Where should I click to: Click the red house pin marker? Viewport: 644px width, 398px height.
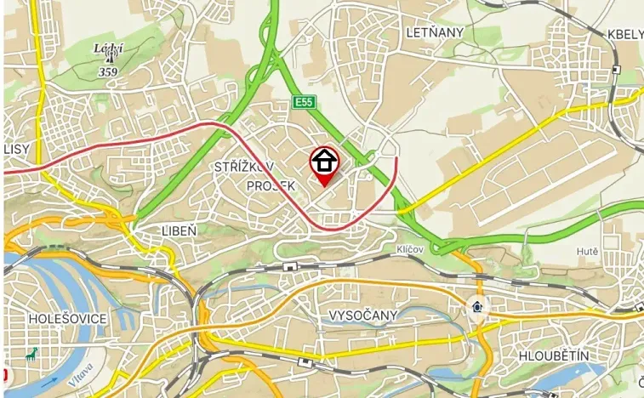[x=324, y=162]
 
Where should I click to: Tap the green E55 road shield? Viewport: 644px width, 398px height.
[x=303, y=102]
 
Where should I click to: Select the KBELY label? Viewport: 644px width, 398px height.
[x=625, y=34]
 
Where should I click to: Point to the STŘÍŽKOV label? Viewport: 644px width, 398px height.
[x=245, y=168]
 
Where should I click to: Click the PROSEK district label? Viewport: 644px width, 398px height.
[x=271, y=185]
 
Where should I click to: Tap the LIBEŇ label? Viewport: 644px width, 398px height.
[x=179, y=230]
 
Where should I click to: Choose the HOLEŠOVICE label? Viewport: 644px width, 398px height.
[x=67, y=318]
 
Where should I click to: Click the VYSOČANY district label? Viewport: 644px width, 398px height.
[x=362, y=316]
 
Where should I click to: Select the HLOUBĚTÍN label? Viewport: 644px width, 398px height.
[x=553, y=355]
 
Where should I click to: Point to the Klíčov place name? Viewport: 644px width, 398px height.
[x=410, y=249]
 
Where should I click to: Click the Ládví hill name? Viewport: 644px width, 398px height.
[x=109, y=48]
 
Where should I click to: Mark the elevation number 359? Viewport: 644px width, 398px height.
[x=108, y=72]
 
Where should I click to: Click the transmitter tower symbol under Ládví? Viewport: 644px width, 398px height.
[x=109, y=60]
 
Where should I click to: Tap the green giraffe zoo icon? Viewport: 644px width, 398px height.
[x=31, y=355]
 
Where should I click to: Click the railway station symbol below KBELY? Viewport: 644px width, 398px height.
[x=615, y=70]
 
